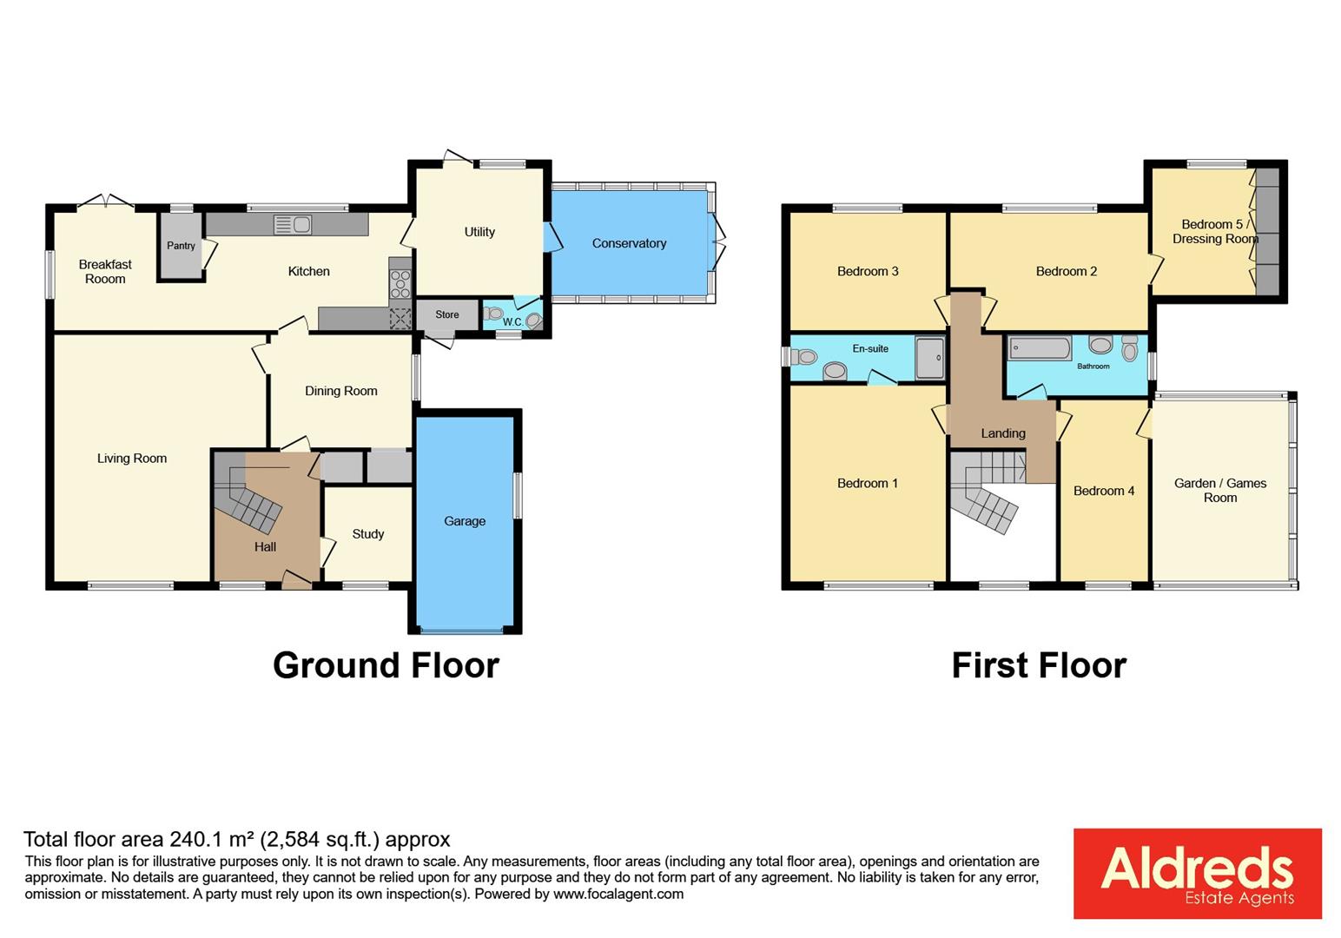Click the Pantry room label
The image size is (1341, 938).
coord(181,246)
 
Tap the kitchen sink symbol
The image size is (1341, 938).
coord(293,225)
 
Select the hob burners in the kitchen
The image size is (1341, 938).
coord(400,284)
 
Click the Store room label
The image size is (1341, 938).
coord(446,314)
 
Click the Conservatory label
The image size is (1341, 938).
coord(629,243)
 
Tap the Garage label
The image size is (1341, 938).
coord(465,521)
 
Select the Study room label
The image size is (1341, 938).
coord(367,534)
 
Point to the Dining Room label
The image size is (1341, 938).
coord(340,391)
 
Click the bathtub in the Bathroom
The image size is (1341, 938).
coord(1040,348)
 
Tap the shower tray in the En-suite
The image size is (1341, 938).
coord(929,358)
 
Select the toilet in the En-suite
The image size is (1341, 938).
coord(803,356)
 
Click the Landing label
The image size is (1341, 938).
coord(1003,433)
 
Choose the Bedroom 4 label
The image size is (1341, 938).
coord(1104,491)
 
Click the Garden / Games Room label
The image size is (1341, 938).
coord(1220,491)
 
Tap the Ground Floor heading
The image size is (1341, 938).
coord(386,665)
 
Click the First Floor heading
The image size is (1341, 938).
coord(1039,665)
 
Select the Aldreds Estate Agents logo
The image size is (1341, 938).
coord(1197,874)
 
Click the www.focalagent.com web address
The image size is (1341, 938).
coord(618,894)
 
